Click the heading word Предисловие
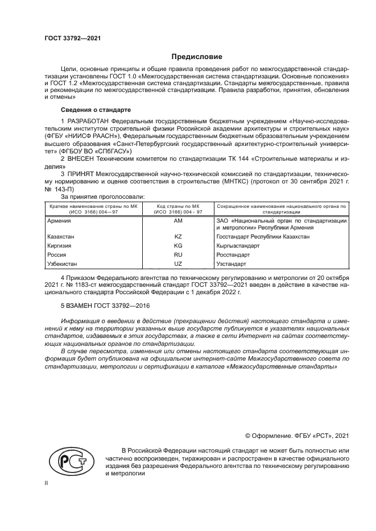(x=197, y=57)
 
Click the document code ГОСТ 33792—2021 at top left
(x=72, y=39)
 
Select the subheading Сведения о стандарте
(x=96, y=109)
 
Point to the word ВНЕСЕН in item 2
(x=78, y=159)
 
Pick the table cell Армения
(x=60, y=219)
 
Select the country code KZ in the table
(x=178, y=235)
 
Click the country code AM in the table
(x=178, y=219)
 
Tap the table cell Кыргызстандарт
(x=238, y=245)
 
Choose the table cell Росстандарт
(x=233, y=255)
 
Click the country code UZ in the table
(x=178, y=264)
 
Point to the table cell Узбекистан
(x=63, y=264)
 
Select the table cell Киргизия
(x=61, y=245)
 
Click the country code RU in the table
(x=178, y=255)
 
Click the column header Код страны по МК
(x=178, y=205)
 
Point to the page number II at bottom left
(x=47, y=483)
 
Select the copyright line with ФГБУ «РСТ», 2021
(x=296, y=436)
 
